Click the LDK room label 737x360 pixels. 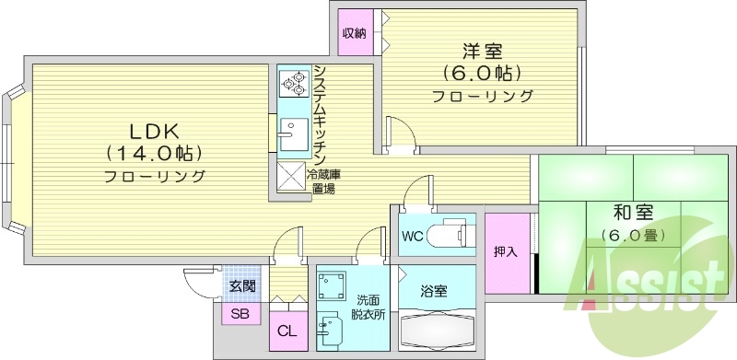(140, 130)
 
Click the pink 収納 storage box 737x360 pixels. (355, 34)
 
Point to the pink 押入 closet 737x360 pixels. (505, 250)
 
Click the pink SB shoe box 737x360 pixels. (240, 314)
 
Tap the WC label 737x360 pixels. (412, 234)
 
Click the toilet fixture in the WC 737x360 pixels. (453, 233)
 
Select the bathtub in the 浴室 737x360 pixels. (437, 327)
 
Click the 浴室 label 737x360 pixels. (434, 291)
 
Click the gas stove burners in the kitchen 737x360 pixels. (294, 85)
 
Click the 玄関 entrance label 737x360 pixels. (242, 285)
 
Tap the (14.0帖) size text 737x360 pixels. (154, 152)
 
